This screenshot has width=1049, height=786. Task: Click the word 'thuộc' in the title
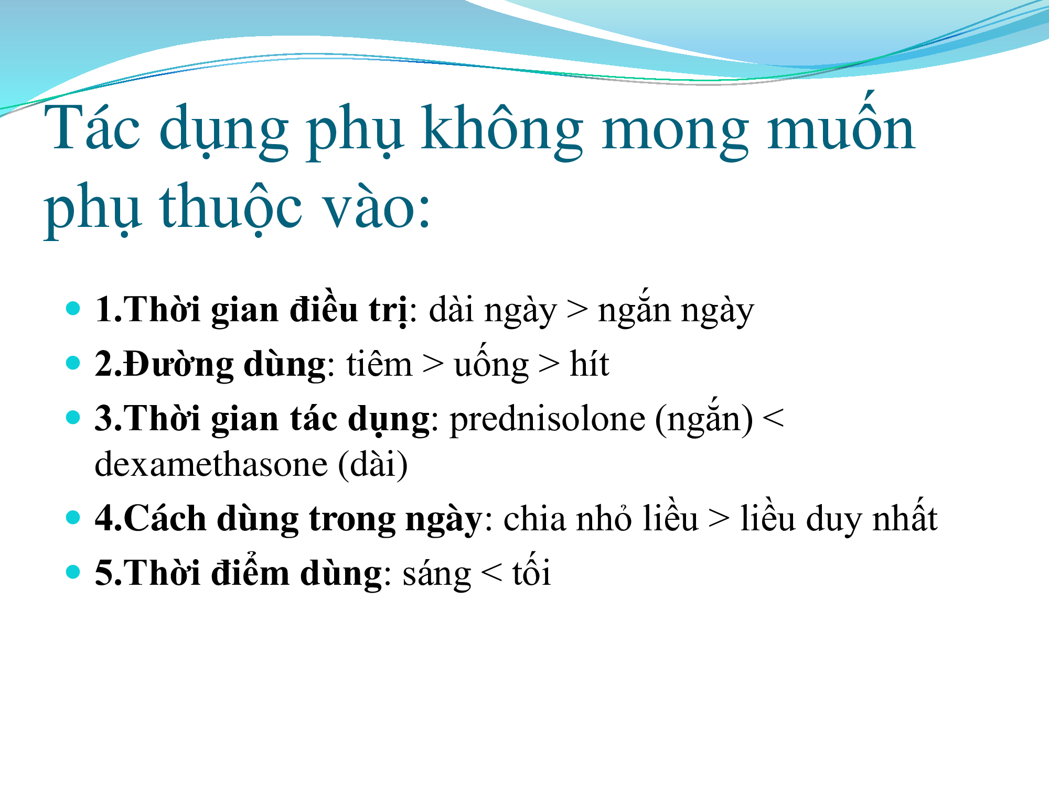tap(231, 208)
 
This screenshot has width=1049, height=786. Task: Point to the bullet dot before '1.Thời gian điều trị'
tap(73, 308)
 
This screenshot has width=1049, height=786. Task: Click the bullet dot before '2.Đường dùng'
tap(73, 362)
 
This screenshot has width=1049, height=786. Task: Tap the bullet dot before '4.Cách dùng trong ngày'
tap(73, 517)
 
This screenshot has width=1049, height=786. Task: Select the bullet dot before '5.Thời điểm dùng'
tap(73, 571)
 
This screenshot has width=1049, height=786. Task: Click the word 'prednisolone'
tap(547, 421)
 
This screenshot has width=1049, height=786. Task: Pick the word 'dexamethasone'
tap(211, 464)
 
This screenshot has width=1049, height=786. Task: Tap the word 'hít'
tap(590, 363)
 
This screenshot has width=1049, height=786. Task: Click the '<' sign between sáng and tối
tap(491, 573)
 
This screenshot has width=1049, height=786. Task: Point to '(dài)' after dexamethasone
tap(373, 464)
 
